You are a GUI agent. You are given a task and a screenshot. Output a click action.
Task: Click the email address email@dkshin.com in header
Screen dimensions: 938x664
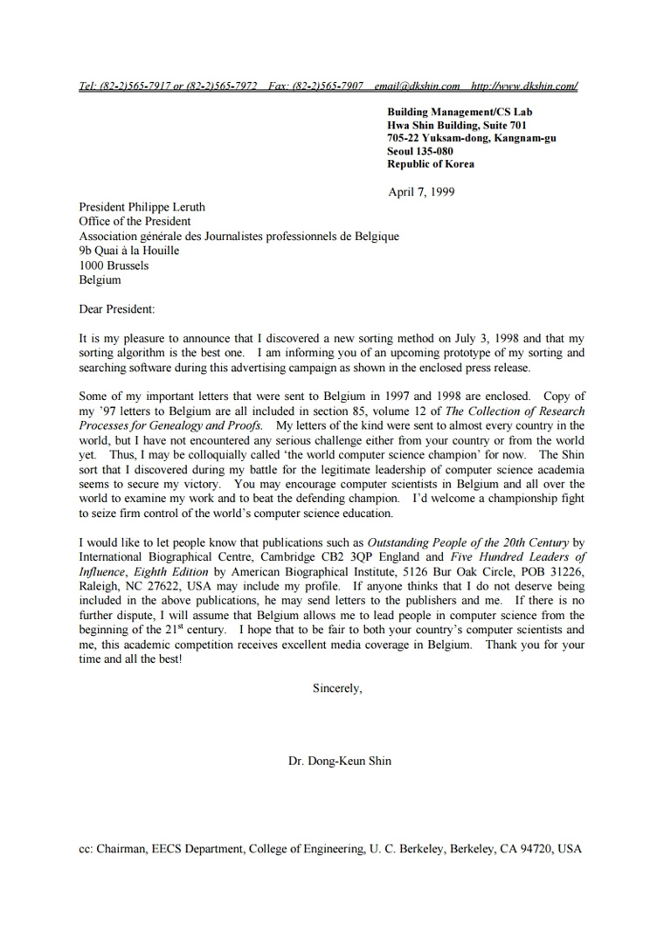click(417, 86)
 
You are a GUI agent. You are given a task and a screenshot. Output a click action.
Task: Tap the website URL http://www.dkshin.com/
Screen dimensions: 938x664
click(524, 86)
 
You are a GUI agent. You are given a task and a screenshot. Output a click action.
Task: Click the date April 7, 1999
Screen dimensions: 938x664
click(421, 192)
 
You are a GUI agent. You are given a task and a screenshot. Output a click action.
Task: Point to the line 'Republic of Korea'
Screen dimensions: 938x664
click(431, 163)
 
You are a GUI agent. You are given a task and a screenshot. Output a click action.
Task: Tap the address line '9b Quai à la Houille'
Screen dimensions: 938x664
click(129, 251)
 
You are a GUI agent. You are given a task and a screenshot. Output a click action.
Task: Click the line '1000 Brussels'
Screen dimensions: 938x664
click(114, 266)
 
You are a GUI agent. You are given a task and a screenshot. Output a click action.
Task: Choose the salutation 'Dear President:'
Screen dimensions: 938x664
click(116, 309)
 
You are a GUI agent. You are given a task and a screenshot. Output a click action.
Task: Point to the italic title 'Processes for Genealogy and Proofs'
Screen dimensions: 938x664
click(170, 425)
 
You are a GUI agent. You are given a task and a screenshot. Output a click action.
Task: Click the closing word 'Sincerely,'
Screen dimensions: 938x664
click(337, 688)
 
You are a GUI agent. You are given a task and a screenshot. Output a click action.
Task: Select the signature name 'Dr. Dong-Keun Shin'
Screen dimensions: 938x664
click(340, 761)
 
